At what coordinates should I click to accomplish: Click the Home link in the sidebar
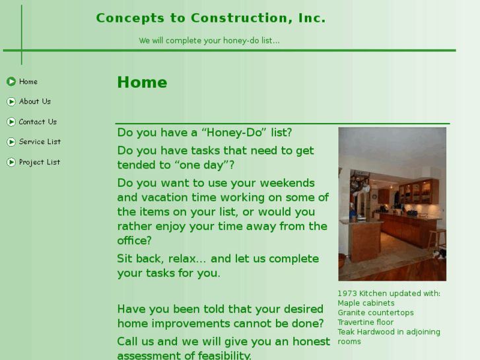pos(28,82)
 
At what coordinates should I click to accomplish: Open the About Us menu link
pos(34,102)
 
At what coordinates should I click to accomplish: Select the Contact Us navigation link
pos(38,122)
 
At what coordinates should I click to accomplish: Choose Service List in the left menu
pos(40,142)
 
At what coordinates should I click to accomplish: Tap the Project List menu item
pos(39,162)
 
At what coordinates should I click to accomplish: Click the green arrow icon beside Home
pos(11,82)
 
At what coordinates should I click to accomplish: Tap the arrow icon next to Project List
pos(11,162)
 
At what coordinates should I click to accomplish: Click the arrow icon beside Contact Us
pos(11,122)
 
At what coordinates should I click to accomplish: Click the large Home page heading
pos(142,83)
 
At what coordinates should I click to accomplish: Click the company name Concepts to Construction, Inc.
pos(211,18)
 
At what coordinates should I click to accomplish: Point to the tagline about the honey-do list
pos(209,41)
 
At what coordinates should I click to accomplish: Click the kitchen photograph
pos(392,204)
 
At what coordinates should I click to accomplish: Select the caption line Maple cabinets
pos(366,304)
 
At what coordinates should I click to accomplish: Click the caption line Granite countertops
pos(376,313)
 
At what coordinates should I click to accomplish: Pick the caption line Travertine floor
pos(365,323)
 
